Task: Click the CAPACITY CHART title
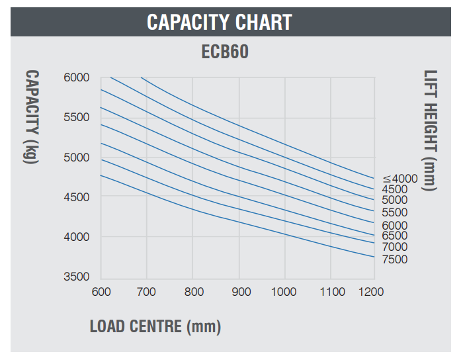click(x=219, y=22)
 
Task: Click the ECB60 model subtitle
click(x=225, y=52)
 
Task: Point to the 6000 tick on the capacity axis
click(x=77, y=77)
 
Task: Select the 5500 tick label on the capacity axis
click(x=77, y=117)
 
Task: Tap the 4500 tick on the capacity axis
click(x=77, y=197)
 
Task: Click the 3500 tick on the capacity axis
click(x=77, y=277)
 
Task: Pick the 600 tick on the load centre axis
click(x=101, y=292)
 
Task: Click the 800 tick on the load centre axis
click(x=192, y=292)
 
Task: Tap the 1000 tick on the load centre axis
click(x=284, y=292)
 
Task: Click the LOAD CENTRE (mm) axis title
click(x=155, y=326)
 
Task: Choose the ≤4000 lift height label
click(x=400, y=178)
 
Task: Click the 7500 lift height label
click(x=395, y=259)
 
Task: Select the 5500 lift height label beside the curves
click(x=395, y=212)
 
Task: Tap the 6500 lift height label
click(x=395, y=236)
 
